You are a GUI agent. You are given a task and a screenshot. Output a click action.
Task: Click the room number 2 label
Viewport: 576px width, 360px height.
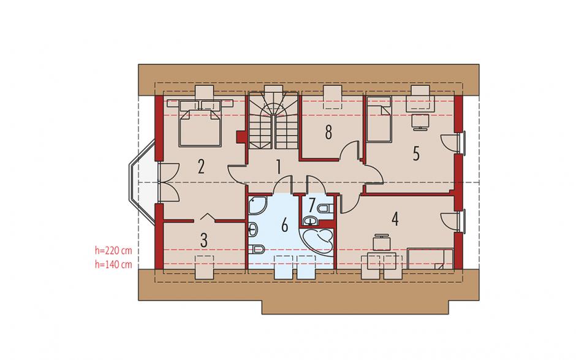pos(200,167)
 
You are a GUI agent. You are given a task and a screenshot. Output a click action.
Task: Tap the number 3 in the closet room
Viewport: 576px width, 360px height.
pos(204,240)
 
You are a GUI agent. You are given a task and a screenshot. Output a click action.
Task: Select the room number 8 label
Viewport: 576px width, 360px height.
pos(328,132)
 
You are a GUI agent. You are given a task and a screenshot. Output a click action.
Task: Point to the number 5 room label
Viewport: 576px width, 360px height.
pos(416,153)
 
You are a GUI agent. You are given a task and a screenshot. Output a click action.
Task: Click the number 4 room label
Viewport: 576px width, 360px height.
pos(395,218)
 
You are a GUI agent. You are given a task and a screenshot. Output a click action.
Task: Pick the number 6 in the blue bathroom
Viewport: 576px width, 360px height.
pos(284,225)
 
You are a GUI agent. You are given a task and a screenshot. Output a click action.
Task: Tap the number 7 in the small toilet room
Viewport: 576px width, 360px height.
pos(311,205)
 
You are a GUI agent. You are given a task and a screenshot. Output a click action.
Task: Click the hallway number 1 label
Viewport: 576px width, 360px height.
pos(278,167)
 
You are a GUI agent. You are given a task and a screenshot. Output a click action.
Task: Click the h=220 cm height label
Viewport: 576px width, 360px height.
pos(113,251)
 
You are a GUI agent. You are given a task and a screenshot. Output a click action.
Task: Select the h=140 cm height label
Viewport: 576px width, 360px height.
pos(113,264)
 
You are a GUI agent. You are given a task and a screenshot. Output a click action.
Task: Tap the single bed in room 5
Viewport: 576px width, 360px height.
pos(379,118)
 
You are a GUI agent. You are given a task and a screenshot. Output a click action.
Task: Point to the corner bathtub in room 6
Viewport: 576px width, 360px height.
pos(317,243)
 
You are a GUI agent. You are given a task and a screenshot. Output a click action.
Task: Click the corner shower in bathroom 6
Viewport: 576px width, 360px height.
pos(257,205)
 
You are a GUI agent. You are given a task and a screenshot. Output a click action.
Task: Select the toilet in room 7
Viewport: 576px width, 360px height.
pos(325,209)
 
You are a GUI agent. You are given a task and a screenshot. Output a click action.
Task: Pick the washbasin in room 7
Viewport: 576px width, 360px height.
pos(311,221)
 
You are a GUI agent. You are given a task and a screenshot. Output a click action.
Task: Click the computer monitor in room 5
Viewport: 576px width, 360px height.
pos(419,121)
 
